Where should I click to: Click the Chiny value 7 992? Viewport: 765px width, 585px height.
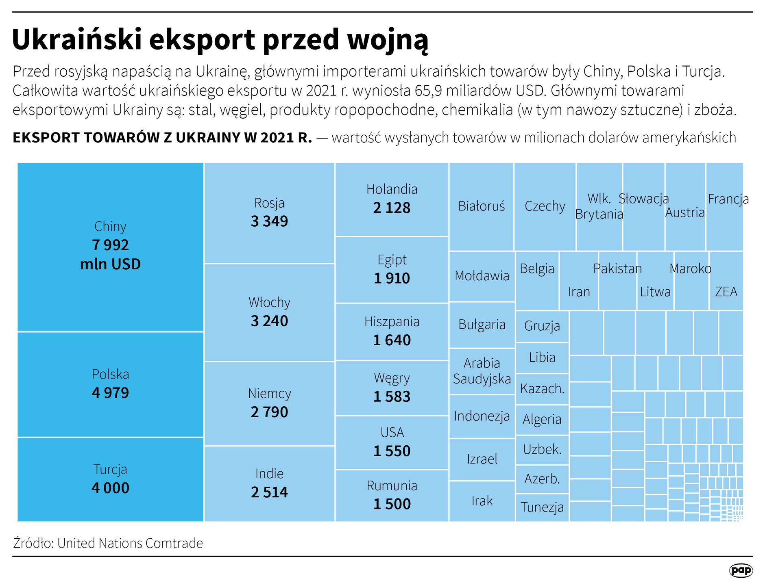110,245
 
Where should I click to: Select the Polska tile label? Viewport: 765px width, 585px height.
110,374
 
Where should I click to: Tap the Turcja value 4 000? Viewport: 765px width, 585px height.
110,488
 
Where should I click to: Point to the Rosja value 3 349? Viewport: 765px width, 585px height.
269,221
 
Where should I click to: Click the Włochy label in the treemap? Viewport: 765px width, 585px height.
269,302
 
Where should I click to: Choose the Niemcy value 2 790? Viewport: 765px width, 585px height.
269,412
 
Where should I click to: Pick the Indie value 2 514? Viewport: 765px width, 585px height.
269,492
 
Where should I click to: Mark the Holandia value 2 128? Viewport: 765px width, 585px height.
392,208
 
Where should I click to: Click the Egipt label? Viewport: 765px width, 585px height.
392,260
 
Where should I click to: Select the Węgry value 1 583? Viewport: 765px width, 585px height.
392,397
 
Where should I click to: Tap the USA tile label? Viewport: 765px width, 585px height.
392,432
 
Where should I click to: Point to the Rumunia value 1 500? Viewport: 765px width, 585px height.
392,504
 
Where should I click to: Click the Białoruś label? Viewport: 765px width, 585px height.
482,206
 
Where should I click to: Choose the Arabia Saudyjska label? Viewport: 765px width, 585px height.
482,371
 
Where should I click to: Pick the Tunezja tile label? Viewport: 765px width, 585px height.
542,507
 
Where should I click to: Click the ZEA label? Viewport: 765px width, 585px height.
726,292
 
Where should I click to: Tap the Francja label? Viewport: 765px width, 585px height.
728,199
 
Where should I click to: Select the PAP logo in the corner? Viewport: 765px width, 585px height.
741,570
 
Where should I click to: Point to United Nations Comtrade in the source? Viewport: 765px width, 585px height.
130,543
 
